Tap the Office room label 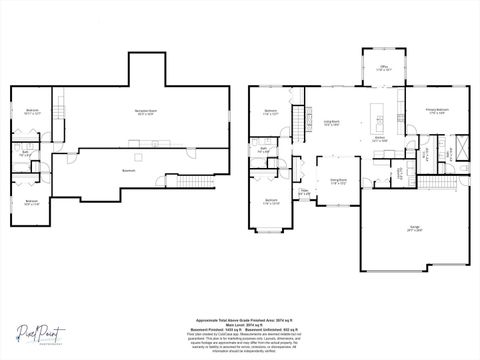[x=383, y=69]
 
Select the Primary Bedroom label [x=436, y=110]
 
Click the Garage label [x=414, y=229]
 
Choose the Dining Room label [x=339, y=182]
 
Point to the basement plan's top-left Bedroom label [x=32, y=112]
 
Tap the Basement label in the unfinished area [x=129, y=170]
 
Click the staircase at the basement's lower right [x=196, y=181]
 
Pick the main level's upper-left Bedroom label [x=270, y=112]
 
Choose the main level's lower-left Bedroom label [x=271, y=201]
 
